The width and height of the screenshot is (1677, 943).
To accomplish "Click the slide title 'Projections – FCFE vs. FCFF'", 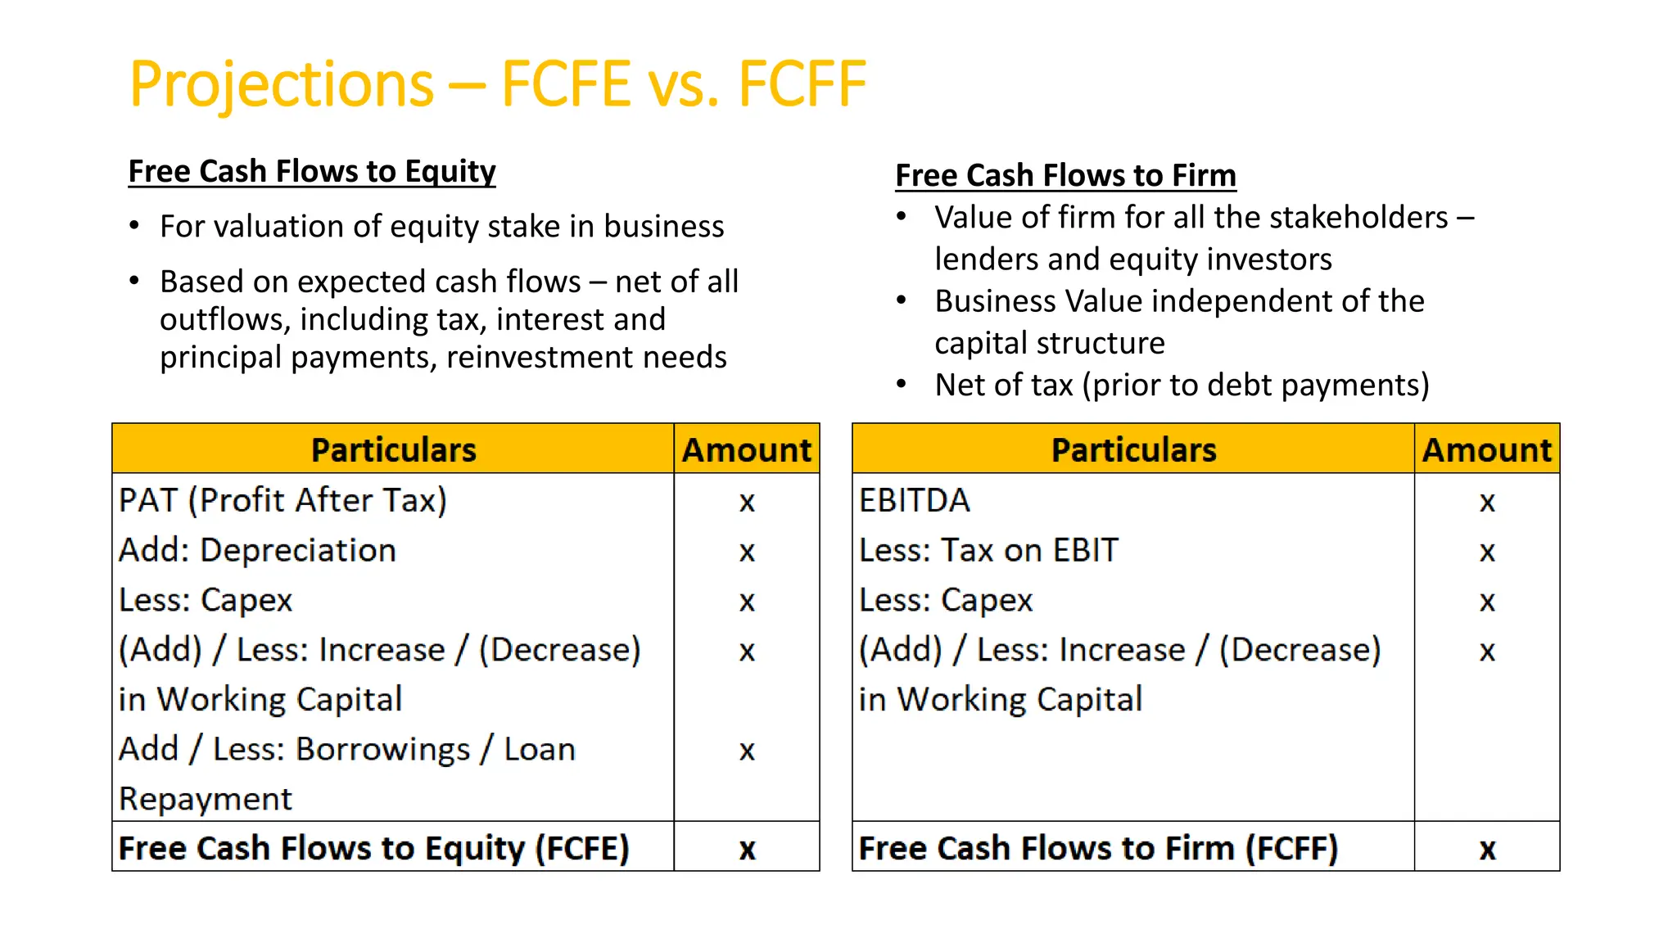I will point(497,84).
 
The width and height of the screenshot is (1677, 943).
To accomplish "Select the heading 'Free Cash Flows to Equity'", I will point(312,172).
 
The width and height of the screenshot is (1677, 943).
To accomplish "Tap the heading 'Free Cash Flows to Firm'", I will point(1065,176).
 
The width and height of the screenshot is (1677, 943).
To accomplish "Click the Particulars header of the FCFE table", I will point(393,450).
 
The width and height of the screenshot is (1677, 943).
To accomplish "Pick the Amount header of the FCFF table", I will point(1486,450).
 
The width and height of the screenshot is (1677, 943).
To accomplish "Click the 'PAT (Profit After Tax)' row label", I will point(283,500).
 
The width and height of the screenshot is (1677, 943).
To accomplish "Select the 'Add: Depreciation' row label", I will point(257,550).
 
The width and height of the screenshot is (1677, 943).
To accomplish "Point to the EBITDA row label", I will point(915,500).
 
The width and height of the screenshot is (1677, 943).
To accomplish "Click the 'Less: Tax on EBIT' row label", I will point(988,550).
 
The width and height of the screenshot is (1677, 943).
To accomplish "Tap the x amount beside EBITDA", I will point(1487,502).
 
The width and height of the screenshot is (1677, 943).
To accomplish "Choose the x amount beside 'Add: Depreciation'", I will point(746,552).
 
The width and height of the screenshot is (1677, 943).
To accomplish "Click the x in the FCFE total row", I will point(747,850).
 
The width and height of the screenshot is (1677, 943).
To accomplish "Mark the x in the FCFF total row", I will point(1487,850).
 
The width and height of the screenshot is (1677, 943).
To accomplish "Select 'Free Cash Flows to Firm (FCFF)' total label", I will point(1098,848).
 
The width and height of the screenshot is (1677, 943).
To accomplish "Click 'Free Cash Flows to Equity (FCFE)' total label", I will point(373,848).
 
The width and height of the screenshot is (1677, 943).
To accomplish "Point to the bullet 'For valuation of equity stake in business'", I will point(441,227).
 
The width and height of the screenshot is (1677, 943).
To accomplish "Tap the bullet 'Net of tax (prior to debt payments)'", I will point(1182,385).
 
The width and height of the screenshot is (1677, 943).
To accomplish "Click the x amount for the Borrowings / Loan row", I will point(746,751).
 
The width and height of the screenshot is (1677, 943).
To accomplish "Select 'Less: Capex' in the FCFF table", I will point(946,600).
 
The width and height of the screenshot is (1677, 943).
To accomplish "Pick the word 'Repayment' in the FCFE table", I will point(206,799).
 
